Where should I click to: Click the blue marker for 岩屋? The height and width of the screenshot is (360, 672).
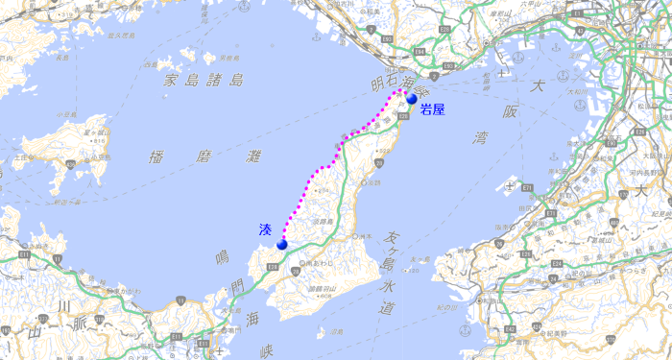[x=412, y=98]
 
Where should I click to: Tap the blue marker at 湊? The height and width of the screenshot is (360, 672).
[x=282, y=245]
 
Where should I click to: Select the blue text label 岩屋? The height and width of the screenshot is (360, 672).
[x=433, y=109]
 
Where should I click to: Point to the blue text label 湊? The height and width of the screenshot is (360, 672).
[x=265, y=229]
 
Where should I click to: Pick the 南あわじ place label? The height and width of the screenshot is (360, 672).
[x=317, y=261]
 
